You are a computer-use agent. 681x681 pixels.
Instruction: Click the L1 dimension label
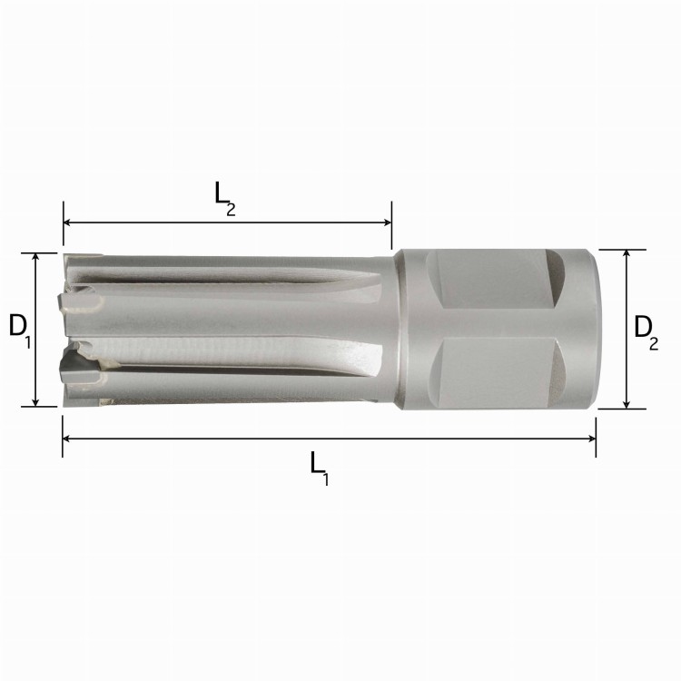click(x=320, y=469)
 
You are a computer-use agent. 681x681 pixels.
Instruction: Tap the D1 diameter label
click(x=20, y=331)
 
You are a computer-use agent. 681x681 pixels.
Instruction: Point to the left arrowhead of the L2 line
click(x=67, y=222)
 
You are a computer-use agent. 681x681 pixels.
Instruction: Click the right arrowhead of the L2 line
click(x=388, y=222)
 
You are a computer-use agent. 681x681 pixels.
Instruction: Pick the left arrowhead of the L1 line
click(x=66, y=439)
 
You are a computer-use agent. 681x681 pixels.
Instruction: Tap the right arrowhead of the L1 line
click(x=591, y=439)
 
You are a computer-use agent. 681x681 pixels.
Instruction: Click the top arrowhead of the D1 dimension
click(x=36, y=257)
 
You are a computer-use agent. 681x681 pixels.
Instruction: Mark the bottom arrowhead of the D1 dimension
click(x=36, y=402)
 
